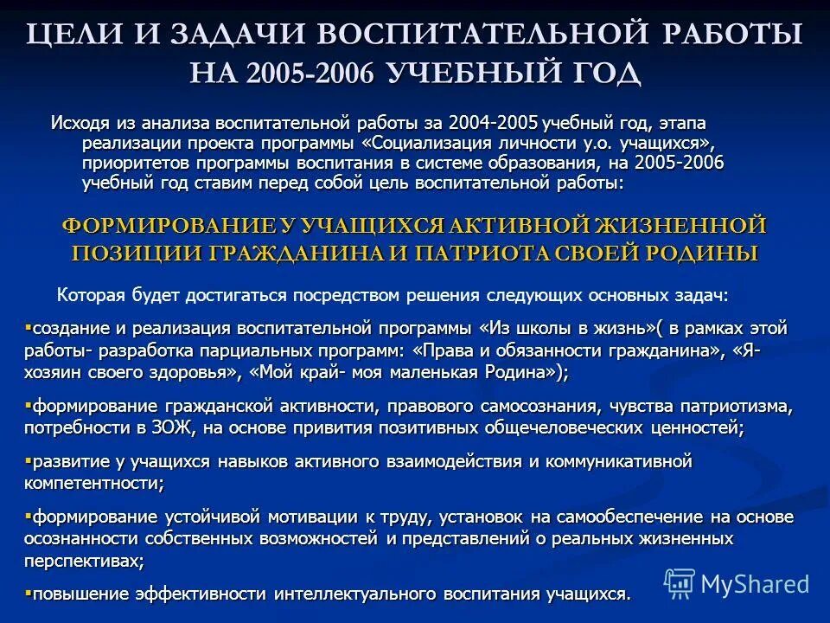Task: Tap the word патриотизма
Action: pyautogui.click(x=737, y=406)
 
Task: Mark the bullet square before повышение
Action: pyautogui.click(x=28, y=593)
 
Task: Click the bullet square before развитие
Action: pyautogui.click(x=28, y=460)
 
